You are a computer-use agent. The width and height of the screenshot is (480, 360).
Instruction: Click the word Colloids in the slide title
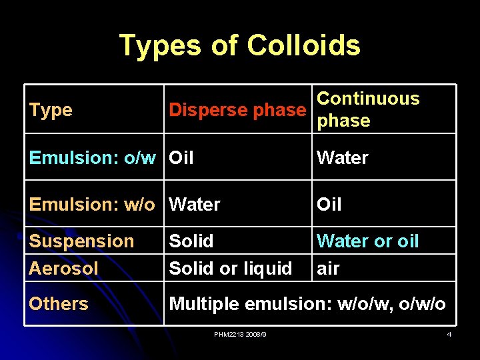[303, 46]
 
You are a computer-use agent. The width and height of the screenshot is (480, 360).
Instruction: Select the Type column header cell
[51, 110]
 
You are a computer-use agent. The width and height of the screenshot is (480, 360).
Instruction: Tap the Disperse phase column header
[237, 110]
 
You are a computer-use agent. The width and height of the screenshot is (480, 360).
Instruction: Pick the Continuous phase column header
[368, 109]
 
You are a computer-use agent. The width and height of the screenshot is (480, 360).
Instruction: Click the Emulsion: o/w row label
[93, 158]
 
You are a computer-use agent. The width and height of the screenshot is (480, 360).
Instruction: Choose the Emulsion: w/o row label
[92, 205]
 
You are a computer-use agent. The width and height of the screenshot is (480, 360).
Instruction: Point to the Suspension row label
[82, 241]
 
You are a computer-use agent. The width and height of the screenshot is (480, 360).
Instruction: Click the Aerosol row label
[64, 269]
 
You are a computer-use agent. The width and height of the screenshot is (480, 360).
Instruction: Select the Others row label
[59, 304]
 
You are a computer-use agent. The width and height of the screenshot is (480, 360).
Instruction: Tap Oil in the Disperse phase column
[181, 158]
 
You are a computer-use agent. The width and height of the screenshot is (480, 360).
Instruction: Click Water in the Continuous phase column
[343, 158]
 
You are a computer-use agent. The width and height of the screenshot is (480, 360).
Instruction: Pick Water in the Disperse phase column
[195, 205]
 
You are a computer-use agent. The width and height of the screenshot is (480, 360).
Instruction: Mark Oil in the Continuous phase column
[329, 205]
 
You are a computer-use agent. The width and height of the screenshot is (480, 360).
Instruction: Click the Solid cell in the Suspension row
[191, 241]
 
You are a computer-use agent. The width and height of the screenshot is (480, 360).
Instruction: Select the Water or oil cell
[368, 241]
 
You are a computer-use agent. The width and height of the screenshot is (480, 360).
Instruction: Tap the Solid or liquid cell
[231, 269]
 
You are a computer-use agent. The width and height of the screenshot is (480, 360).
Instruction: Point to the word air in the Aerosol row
[328, 269]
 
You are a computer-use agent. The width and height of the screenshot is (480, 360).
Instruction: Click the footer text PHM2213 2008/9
[240, 334]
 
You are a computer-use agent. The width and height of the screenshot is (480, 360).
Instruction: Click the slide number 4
[449, 334]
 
